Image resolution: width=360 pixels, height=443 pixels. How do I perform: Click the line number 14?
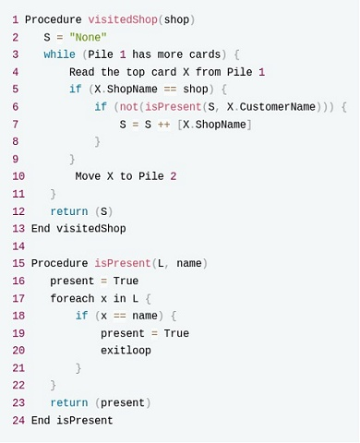18,246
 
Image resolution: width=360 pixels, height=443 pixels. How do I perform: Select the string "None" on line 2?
88,37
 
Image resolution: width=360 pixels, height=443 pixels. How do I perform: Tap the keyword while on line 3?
59,54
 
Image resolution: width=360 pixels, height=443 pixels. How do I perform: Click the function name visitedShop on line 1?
123,19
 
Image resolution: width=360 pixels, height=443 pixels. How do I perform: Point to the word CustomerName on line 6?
278,107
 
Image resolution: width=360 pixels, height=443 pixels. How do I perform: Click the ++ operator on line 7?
163,125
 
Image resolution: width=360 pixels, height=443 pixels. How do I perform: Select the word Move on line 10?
88,176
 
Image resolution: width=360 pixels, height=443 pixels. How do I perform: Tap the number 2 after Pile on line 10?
174,176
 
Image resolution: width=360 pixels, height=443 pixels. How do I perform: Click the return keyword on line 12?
69,211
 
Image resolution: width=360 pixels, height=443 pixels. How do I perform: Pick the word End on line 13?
41,229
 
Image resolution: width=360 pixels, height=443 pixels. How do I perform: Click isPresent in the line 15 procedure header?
123,263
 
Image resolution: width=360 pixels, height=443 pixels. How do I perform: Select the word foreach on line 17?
72,298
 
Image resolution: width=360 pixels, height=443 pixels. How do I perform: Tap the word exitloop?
126,351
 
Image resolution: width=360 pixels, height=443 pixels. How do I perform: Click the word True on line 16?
126,281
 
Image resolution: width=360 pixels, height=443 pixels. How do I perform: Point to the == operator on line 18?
120,316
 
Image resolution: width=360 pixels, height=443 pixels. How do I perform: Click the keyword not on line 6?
129,107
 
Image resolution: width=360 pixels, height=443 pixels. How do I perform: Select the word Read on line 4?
81,72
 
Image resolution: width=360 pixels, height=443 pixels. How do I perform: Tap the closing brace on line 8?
97,142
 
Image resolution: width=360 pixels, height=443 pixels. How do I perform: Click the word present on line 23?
123,403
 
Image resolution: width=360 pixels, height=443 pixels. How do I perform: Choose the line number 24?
18,420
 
